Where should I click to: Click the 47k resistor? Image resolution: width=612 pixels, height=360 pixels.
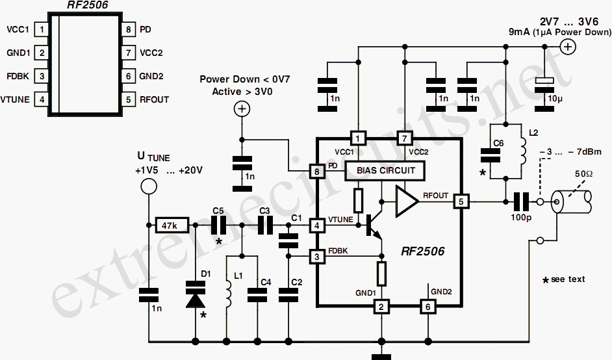pyautogui.click(x=172, y=225)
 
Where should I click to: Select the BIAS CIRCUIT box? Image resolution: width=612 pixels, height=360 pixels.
pyautogui.click(x=385, y=171)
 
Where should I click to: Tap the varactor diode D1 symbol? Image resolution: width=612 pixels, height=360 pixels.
pyautogui.click(x=196, y=294)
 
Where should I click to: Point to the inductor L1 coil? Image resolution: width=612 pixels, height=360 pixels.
pyautogui.click(x=229, y=292)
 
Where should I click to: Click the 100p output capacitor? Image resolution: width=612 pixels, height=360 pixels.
pyautogui.click(x=521, y=202)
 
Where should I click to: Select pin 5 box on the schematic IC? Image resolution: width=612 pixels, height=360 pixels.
pyautogui.click(x=461, y=202)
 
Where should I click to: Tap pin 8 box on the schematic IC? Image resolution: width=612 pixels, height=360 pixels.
pyautogui.click(x=316, y=171)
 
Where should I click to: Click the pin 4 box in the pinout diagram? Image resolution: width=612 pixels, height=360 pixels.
pyautogui.click(x=42, y=99)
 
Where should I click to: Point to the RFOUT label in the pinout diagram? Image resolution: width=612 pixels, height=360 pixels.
pyautogui.click(x=154, y=99)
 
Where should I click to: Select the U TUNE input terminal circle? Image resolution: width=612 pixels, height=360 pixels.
pyautogui.click(x=149, y=186)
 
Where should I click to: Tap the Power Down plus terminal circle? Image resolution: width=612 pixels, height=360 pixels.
pyautogui.click(x=242, y=109)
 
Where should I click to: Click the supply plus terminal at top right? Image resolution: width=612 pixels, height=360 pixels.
pyautogui.click(x=568, y=47)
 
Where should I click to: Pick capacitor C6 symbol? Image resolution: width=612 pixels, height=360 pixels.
pyautogui.click(x=491, y=155)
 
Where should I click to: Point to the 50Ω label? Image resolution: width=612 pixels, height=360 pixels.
pyautogui.click(x=583, y=174)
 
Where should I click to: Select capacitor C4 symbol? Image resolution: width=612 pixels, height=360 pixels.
pyautogui.click(x=257, y=295)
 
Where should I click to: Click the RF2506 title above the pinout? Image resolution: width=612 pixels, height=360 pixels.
pyautogui.click(x=88, y=5)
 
